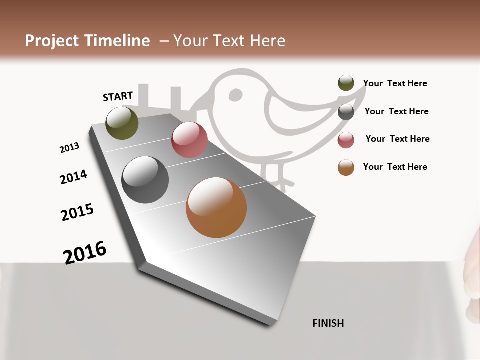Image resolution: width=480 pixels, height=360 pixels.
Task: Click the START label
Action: [118, 96]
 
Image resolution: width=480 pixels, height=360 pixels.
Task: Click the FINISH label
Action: [328, 323]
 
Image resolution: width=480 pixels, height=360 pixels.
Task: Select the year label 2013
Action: [69, 148]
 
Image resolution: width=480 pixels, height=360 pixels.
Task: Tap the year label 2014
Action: [73, 177]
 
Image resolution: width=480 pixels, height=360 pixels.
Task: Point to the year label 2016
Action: [85, 252]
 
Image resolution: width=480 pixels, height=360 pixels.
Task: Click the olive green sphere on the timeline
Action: [122, 123]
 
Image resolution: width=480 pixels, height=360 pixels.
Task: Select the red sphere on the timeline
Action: [189, 140]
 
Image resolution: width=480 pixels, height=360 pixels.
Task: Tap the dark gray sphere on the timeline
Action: [145, 180]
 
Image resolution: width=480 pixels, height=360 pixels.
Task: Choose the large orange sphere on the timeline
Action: [216, 207]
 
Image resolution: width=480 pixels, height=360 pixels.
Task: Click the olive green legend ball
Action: [346, 83]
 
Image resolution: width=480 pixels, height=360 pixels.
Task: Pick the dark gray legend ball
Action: [346, 112]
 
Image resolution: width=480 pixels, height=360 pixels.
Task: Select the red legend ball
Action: [346, 140]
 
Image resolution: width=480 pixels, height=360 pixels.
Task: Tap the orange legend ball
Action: [346, 167]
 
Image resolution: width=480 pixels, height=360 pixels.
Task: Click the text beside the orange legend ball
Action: [395, 167]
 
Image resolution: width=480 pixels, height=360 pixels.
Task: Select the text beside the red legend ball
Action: [397, 139]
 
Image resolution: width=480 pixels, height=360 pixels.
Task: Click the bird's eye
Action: [235, 94]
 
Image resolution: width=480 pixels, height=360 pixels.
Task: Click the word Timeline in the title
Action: [116, 41]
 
